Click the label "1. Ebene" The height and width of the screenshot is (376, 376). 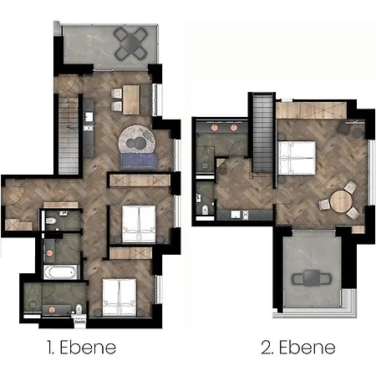tap(81, 348)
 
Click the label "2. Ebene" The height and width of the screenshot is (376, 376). tap(298, 348)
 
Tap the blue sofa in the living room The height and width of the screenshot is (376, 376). tap(139, 161)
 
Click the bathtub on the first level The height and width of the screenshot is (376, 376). tap(60, 272)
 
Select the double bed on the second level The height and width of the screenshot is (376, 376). tap(297, 158)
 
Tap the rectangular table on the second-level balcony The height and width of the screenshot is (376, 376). tap(312, 278)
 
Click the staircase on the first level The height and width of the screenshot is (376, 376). tap(69, 135)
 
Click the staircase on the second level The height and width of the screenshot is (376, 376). tap(262, 133)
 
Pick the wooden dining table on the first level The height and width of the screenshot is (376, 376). tap(131, 99)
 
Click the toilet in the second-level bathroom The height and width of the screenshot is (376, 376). tap(206, 209)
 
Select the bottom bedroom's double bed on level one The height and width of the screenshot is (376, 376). tap(119, 297)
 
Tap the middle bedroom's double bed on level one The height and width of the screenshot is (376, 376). tap(139, 223)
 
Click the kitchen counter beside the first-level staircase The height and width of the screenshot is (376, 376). tap(89, 128)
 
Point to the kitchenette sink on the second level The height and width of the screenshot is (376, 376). tap(236, 215)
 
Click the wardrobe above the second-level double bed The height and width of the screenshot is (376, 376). tap(312, 110)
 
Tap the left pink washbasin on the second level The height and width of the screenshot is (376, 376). tap(214, 128)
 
